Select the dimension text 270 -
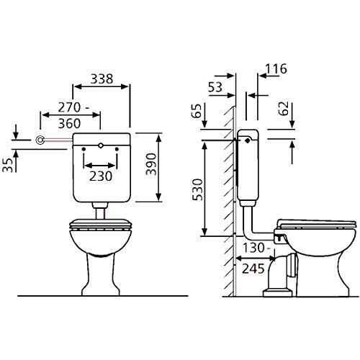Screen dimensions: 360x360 point(72,107)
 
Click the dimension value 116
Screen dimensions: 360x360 point(274,69)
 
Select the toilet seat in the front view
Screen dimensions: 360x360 point(100,225)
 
